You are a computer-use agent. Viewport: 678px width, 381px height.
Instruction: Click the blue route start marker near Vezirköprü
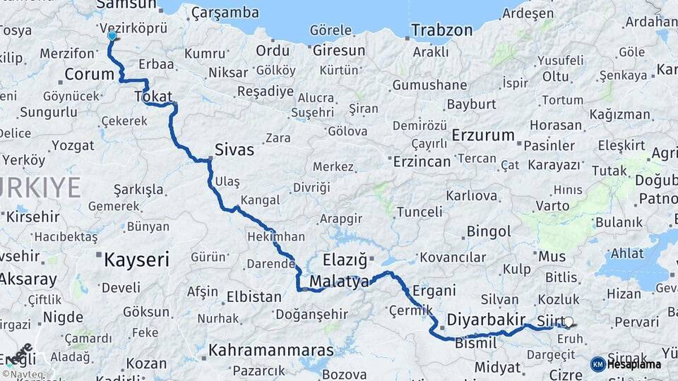[x=112, y=36]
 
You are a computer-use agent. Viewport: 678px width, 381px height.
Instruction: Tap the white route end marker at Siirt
[x=569, y=322]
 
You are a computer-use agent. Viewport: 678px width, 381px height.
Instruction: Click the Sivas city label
[x=234, y=150]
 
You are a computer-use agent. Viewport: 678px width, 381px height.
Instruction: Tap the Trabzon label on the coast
[x=442, y=30]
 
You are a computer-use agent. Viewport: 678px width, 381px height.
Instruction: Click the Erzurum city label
[x=483, y=135]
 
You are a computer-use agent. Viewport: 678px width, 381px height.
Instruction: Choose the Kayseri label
[x=137, y=260]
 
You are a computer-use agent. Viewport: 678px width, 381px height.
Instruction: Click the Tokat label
[x=157, y=97]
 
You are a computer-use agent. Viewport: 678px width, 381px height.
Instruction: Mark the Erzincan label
[x=422, y=162]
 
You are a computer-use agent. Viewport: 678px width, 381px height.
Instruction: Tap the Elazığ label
[x=345, y=260]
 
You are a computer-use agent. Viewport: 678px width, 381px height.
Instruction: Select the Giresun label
[x=339, y=51]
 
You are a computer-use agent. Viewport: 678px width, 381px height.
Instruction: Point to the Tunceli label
[x=420, y=212]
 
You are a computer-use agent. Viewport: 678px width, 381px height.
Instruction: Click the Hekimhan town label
[x=276, y=237]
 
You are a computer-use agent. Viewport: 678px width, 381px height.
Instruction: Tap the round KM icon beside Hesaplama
[x=597, y=364]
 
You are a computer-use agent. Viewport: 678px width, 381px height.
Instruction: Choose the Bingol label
[x=489, y=231]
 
